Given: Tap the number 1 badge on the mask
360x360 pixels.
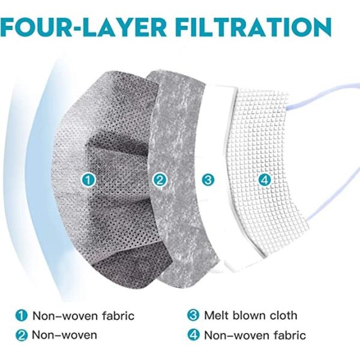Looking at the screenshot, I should click(x=89, y=179).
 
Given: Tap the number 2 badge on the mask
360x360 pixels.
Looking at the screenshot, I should click(x=159, y=179).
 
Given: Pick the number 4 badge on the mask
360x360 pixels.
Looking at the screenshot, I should click(x=266, y=179).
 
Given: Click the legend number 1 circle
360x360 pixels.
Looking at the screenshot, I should click(x=21, y=316).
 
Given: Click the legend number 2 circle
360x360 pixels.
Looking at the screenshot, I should click(x=21, y=335).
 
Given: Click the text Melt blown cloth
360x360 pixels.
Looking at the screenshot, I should click(x=250, y=316).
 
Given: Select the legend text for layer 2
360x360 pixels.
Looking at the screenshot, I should click(x=64, y=335).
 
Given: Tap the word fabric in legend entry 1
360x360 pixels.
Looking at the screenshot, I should click(x=115, y=316).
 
